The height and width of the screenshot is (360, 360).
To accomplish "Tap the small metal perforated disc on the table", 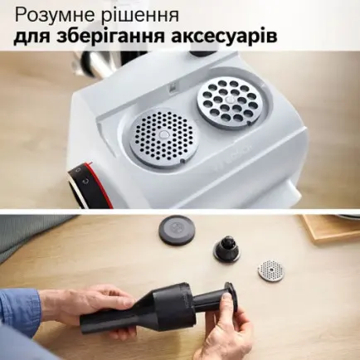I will click(x=270, y=270).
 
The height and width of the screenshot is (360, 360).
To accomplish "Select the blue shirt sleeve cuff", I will click(x=21, y=309).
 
